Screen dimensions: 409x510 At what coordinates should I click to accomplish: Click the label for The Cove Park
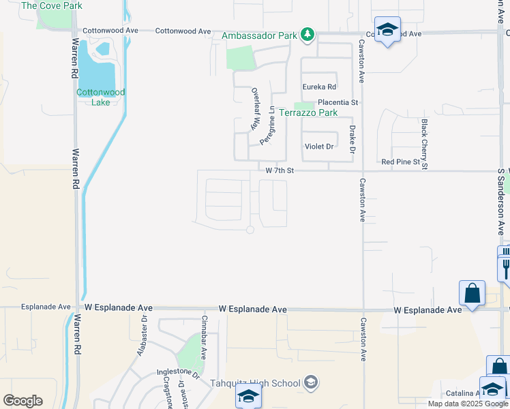[x=52, y=5]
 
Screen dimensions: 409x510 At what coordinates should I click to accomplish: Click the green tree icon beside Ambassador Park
[x=308, y=33]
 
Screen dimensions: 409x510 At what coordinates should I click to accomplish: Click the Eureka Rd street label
[x=320, y=87]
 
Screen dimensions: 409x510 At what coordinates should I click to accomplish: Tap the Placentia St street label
[x=336, y=102]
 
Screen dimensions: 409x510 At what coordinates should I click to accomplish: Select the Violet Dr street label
[x=319, y=147]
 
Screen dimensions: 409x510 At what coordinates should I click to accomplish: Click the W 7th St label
[x=279, y=171]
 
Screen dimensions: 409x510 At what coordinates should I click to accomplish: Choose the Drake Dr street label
[x=352, y=139]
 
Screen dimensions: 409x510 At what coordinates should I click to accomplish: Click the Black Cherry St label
[x=424, y=144]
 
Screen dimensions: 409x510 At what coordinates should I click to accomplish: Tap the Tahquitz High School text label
[x=256, y=382]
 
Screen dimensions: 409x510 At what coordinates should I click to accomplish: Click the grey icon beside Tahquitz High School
[x=312, y=382]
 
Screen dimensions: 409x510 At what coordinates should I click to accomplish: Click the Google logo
[x=22, y=401]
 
